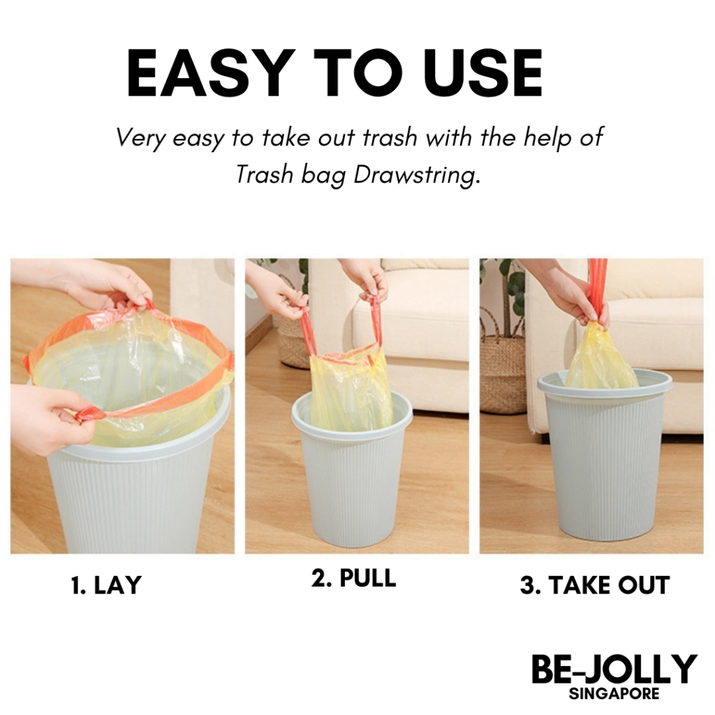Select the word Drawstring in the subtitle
click(417, 175)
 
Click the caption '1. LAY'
click(106, 585)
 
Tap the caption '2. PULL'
click(353, 578)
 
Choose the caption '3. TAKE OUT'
click(594, 585)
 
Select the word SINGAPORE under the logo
click(614, 694)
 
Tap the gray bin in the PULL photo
click(351, 474)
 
